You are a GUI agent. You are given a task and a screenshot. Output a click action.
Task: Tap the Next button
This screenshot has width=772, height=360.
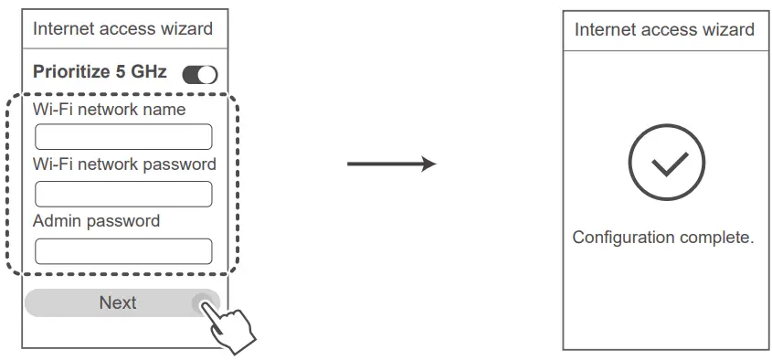point(117,303)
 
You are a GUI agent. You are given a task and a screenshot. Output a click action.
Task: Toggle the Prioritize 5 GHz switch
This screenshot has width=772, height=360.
point(200,74)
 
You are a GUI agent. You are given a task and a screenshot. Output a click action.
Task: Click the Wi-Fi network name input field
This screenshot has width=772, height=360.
point(123,137)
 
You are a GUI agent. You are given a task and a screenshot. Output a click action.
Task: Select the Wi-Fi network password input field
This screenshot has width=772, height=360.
point(123,194)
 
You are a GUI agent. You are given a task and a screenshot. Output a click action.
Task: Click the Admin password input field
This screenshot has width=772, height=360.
point(123,251)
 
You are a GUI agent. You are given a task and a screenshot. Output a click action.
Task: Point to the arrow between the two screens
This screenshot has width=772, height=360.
point(391,164)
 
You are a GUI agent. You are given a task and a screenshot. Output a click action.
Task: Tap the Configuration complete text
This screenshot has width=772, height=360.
point(663,238)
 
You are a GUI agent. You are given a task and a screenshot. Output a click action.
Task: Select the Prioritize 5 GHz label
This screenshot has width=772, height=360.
point(100,71)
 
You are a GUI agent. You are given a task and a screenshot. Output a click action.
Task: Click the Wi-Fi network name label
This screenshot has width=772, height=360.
point(109,110)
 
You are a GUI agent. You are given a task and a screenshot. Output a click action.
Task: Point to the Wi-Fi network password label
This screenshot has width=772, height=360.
point(124,165)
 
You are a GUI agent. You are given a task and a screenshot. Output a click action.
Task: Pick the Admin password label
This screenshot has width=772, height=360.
point(96,221)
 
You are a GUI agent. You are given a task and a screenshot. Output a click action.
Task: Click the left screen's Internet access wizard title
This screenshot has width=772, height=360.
point(122,28)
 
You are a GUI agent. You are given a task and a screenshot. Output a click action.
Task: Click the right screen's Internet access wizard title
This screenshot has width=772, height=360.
point(664,29)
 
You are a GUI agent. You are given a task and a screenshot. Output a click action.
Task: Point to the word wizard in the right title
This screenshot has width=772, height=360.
point(727,29)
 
